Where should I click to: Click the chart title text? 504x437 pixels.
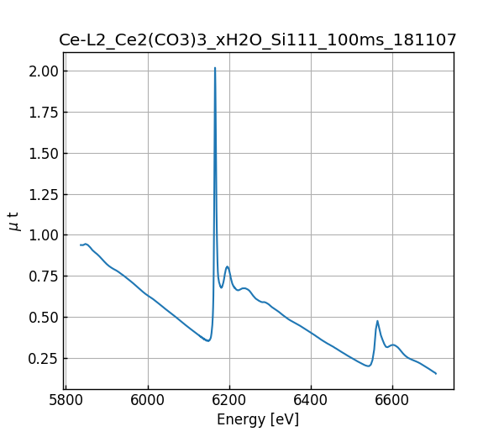[258, 39]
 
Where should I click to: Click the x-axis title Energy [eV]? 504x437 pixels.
[258, 419]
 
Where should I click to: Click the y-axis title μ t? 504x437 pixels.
[13, 221]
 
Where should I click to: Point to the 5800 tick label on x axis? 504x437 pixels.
[66, 398]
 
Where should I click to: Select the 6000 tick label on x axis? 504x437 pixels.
[148, 398]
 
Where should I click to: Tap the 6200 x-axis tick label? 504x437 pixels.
[229, 398]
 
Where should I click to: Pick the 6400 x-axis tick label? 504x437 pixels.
[311, 398]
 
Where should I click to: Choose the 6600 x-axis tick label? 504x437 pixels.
[392, 398]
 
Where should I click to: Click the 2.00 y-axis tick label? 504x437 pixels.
[42, 71]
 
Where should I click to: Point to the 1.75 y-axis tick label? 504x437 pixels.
[42, 113]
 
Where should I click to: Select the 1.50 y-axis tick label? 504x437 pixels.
[42, 154]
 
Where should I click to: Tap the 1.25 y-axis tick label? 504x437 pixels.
[42, 194]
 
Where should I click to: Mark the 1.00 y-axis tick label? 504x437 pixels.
[42, 235]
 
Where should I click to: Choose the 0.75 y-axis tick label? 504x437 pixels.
[42, 276]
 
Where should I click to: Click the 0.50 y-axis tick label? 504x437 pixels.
[42, 318]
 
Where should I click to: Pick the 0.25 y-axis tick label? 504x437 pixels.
[42, 359]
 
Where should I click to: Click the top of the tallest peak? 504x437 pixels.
[215, 68]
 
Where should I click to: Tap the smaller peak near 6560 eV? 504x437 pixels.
[377, 321]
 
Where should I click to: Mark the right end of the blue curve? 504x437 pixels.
[436, 373]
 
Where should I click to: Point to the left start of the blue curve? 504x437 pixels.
[81, 245]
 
